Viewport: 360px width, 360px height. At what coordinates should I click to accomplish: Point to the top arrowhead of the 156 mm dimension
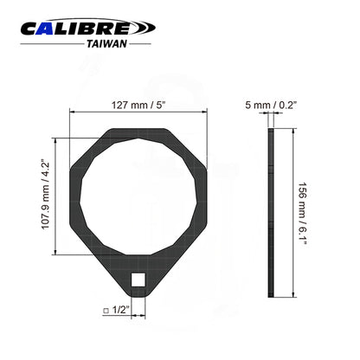pyautogui.click(x=294, y=132)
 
